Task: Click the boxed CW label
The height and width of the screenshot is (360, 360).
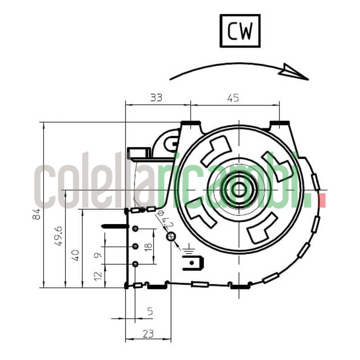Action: [x=240, y=31]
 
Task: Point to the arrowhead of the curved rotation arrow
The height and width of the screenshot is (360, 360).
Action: [x=295, y=72]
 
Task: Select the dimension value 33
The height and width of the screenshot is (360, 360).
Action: [x=156, y=97]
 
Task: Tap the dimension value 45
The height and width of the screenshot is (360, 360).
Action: [x=233, y=97]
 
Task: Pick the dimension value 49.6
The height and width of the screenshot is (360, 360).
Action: [x=58, y=236]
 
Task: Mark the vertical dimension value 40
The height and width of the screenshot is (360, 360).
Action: [x=76, y=255]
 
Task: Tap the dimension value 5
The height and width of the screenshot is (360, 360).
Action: [x=150, y=311]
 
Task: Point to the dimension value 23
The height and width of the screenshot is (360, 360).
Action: [x=148, y=333]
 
